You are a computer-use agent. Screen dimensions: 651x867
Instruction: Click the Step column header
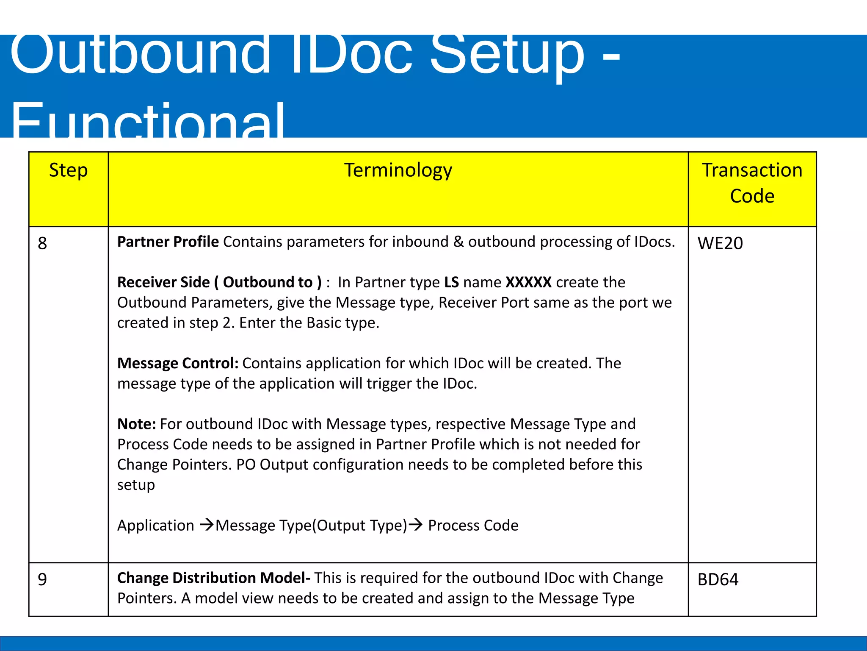pos(68,170)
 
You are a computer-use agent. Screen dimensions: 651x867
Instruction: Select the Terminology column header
pos(398,170)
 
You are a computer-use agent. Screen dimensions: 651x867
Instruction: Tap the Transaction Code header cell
pos(752,183)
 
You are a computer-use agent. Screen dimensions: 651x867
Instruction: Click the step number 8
pos(42,243)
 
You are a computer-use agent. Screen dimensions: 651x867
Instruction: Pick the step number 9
pos(42,579)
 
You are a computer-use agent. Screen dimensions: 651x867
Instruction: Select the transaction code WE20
pos(720,243)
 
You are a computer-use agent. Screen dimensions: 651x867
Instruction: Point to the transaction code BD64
pos(718,579)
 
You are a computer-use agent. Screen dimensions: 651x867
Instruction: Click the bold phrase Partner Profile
pos(168,242)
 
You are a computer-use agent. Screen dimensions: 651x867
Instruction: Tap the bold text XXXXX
pos(528,282)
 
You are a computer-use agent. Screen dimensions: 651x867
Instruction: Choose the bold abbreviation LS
pos(451,282)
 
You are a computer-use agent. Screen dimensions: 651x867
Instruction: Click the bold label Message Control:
pos(178,363)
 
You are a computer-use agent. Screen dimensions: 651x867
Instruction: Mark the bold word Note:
pos(136,424)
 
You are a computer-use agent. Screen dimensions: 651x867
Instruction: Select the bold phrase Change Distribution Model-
pos(214,578)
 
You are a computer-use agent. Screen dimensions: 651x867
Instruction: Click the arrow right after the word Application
pos(207,525)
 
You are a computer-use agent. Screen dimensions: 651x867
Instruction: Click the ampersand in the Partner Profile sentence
pos(458,242)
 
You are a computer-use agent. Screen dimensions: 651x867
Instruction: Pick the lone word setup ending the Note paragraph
pos(136,485)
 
